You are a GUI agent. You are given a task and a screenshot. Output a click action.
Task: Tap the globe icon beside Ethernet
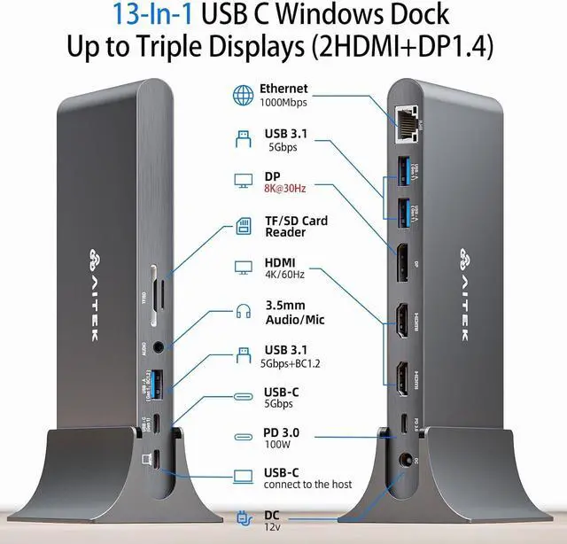click(x=242, y=95)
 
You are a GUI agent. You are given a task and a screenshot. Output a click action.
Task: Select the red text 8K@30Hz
click(x=283, y=189)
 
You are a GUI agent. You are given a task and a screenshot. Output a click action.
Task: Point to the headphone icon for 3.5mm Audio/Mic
click(x=242, y=311)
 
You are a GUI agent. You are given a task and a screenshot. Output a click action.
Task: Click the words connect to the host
click(x=307, y=484)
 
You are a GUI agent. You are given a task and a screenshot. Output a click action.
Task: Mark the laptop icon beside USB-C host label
click(x=242, y=477)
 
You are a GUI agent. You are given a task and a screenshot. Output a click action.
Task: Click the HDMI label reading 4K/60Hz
click(x=283, y=275)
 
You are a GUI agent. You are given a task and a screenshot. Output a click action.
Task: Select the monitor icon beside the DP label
click(x=242, y=181)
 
